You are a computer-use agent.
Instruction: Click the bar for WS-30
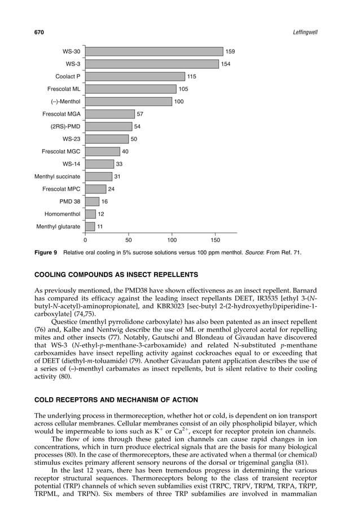(153, 52)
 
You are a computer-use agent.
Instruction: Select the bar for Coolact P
(134, 77)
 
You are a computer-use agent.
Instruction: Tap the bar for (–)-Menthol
(128, 102)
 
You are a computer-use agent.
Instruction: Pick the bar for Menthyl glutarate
(90, 227)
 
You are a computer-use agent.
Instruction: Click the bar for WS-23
(107, 139)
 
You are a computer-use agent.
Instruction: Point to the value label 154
(226, 64)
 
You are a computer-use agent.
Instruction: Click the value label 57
(140, 114)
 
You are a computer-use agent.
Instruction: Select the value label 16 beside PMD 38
(105, 201)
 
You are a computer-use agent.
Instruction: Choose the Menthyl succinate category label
(57, 177)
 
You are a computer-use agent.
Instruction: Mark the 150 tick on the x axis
(214, 240)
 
